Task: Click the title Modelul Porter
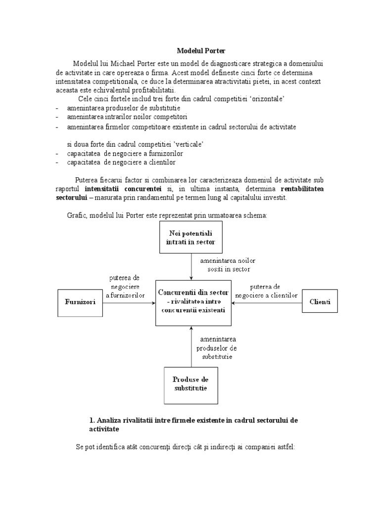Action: point(200,51)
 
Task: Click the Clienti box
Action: point(320,301)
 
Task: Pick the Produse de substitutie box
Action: point(190,383)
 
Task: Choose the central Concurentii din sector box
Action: point(193,301)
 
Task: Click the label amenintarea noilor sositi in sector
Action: point(225,264)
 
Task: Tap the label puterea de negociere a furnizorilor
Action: point(125,286)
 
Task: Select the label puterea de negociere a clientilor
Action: point(267,291)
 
